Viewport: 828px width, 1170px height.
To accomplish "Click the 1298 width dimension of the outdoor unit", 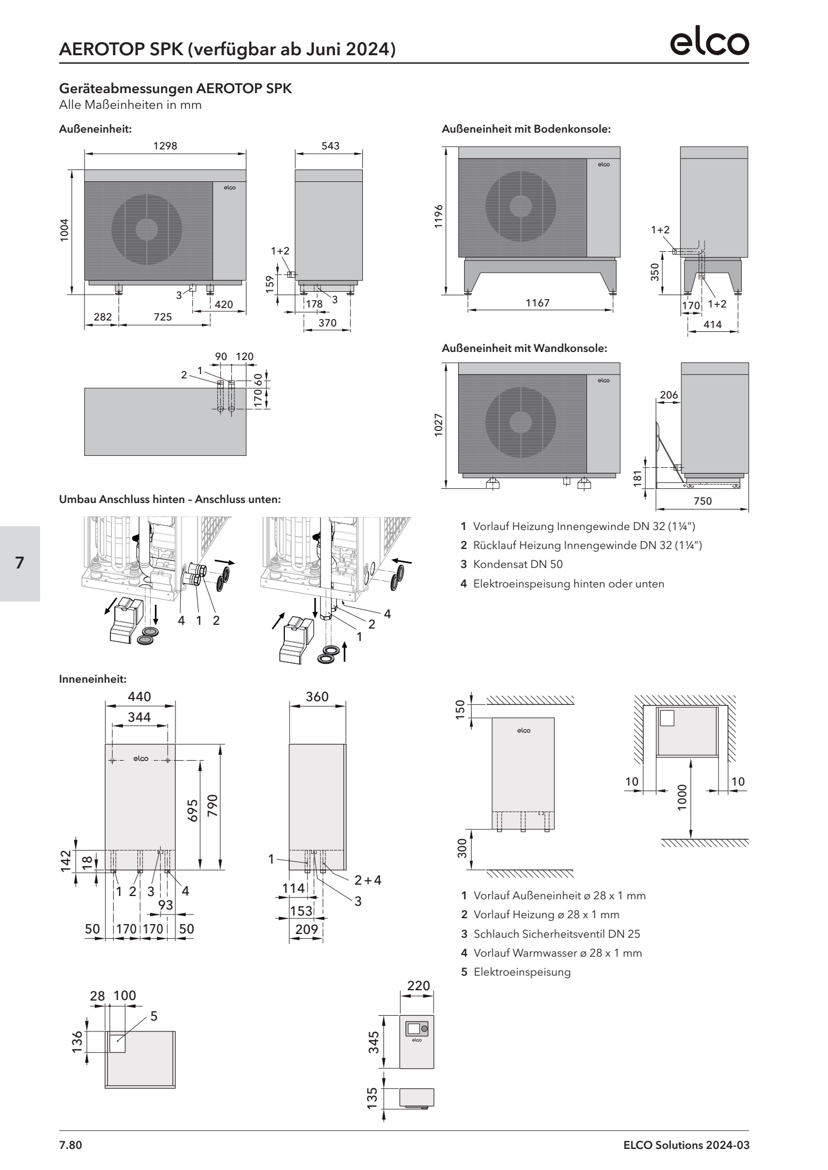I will [165, 146].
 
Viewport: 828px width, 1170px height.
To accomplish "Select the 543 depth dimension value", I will [330, 146].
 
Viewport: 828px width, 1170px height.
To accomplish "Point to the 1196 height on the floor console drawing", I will [439, 217].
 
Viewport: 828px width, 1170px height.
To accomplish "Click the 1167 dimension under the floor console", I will [537, 303].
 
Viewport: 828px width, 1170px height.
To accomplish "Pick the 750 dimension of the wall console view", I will [702, 501].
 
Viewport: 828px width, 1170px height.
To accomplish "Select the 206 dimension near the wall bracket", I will [668, 395].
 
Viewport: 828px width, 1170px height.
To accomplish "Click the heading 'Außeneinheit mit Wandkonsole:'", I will [524, 349].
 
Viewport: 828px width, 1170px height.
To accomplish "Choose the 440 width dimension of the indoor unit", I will [140, 696].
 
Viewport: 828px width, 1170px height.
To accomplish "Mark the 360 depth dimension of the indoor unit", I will [317, 696].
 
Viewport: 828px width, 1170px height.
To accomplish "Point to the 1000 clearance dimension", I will [681, 796].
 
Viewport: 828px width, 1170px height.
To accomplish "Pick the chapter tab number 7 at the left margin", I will [19, 563].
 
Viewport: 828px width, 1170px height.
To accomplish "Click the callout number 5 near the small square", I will [154, 1016].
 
